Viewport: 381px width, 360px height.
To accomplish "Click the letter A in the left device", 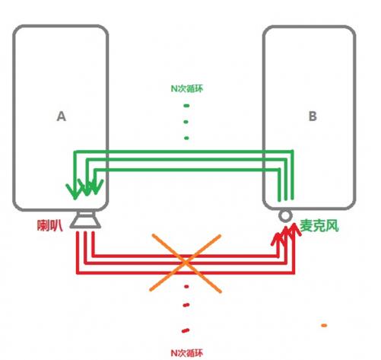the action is pyautogui.click(x=62, y=116).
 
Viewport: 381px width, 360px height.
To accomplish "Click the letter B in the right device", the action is pyautogui.click(x=313, y=116).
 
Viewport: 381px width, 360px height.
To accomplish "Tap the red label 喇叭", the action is pyautogui.click(x=49, y=225).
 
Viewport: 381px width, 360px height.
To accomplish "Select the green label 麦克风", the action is pyautogui.click(x=319, y=225).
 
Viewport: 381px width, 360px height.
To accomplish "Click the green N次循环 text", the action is pyautogui.click(x=187, y=88).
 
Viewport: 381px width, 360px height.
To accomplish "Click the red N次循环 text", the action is pyautogui.click(x=187, y=353).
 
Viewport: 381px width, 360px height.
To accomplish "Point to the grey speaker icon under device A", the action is pyautogui.click(x=85, y=219).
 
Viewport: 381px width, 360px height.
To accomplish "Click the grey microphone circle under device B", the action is pyautogui.click(x=285, y=216).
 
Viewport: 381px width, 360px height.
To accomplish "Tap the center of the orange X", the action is pyautogui.click(x=186, y=263).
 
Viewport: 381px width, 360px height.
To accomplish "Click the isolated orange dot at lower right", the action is pyautogui.click(x=324, y=326).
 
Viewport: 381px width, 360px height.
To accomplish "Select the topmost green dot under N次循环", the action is pyautogui.click(x=186, y=106).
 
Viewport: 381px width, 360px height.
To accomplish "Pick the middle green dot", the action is pyautogui.click(x=186, y=122).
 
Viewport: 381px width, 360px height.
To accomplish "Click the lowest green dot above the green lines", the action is pyautogui.click(x=186, y=139).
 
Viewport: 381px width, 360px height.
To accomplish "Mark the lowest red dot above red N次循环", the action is pyautogui.click(x=186, y=330).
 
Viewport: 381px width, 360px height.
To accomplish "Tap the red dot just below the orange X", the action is pyautogui.click(x=186, y=286).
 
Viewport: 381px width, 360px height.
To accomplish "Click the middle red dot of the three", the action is pyautogui.click(x=186, y=304).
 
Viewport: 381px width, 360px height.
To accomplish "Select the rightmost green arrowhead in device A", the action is pyautogui.click(x=96, y=186).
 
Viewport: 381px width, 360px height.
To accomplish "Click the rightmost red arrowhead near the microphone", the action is pyautogui.click(x=294, y=230).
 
